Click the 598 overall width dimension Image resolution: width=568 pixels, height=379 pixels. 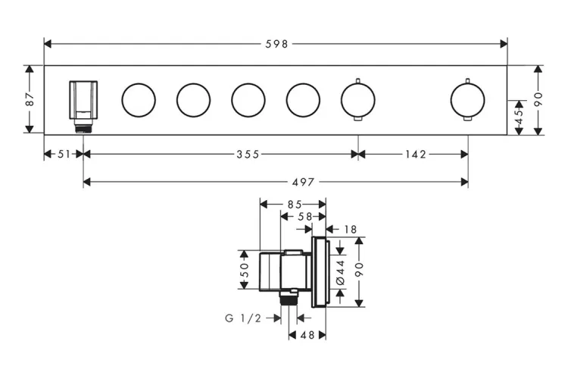[276, 44]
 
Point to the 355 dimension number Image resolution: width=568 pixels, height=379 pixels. [247, 154]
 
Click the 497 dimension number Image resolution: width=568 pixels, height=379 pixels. [302, 181]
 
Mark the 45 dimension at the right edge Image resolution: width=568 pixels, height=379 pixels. [519, 117]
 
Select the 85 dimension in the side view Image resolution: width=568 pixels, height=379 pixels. [294, 204]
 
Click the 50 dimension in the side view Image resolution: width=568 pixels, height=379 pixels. [245, 269]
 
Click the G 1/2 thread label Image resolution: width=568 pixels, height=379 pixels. [242, 318]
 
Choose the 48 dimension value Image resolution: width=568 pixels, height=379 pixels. [307, 334]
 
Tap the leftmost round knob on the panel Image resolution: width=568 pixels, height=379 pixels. [139, 99]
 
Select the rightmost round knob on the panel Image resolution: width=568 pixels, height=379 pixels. [467, 99]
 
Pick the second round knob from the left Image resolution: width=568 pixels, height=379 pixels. [193, 99]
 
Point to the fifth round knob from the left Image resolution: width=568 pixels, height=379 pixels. [357, 99]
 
